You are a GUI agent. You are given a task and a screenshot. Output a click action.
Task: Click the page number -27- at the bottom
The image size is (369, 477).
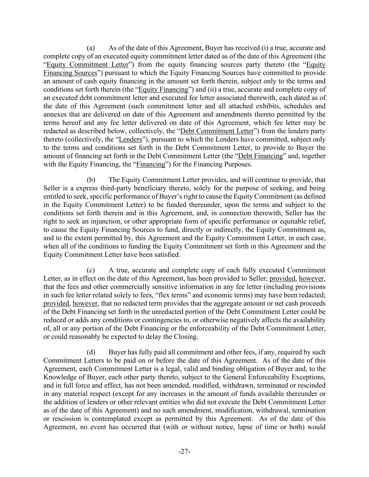point(184,452)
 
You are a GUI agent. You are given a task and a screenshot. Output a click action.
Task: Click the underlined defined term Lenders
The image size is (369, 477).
point(130,139)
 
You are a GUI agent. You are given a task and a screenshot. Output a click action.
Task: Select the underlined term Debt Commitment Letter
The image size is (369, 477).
point(217,131)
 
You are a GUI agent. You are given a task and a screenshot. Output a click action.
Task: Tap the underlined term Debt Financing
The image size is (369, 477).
point(260,156)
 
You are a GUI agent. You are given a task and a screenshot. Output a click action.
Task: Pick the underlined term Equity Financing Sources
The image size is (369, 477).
point(70,73)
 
